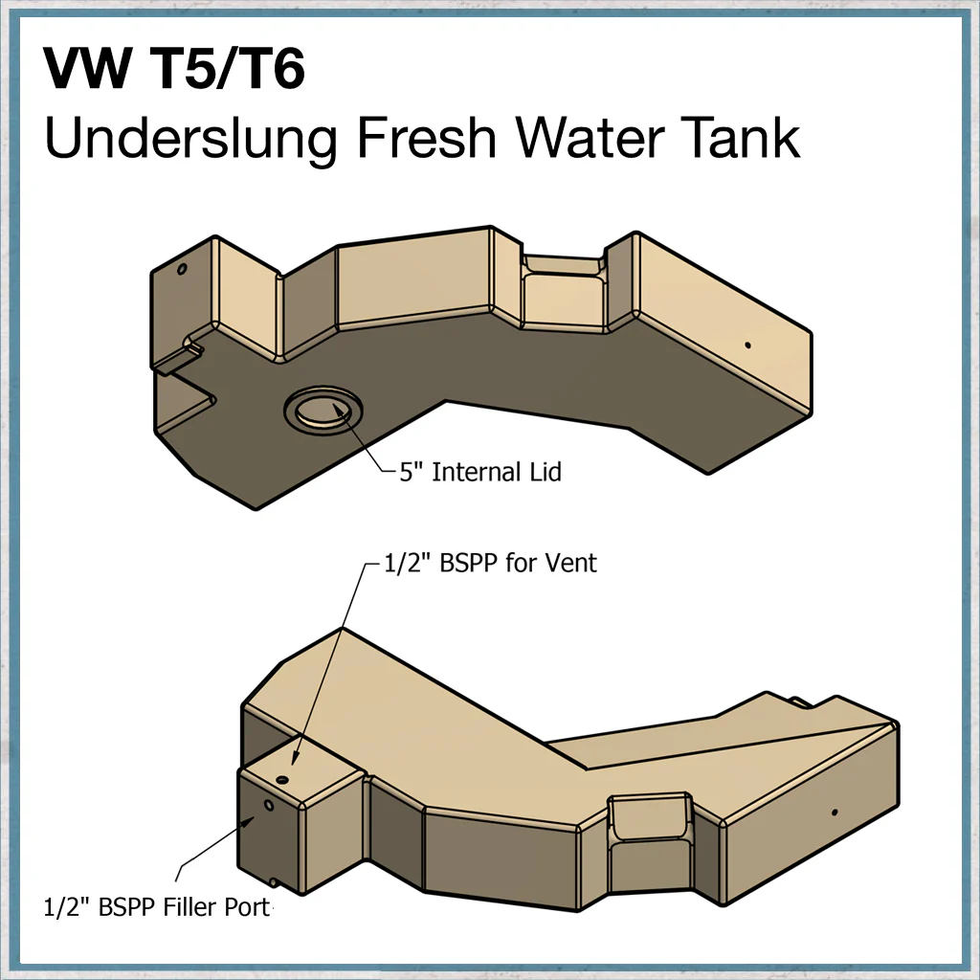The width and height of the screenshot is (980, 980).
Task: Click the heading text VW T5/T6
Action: coord(174,68)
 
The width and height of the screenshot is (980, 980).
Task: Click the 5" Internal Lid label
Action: coord(480,472)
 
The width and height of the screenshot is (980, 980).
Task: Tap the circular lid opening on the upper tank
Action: coord(323,410)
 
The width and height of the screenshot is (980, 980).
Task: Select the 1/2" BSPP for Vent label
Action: coord(490,563)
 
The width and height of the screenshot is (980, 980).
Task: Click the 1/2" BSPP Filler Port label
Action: coord(158,907)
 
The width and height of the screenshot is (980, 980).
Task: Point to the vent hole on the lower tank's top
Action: coord(282,780)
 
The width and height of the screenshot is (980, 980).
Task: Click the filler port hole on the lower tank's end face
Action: coord(269,805)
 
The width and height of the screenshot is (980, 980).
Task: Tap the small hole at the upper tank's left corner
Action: coord(182,269)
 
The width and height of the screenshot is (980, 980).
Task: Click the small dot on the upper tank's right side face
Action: coord(747,345)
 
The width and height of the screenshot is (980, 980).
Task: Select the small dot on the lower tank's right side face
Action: coord(835,813)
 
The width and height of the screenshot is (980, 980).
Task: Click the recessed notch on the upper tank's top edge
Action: coord(564,264)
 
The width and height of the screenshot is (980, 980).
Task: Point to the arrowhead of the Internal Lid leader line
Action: coord(341,411)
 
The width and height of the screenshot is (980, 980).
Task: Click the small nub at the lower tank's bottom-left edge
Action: coord(273,881)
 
